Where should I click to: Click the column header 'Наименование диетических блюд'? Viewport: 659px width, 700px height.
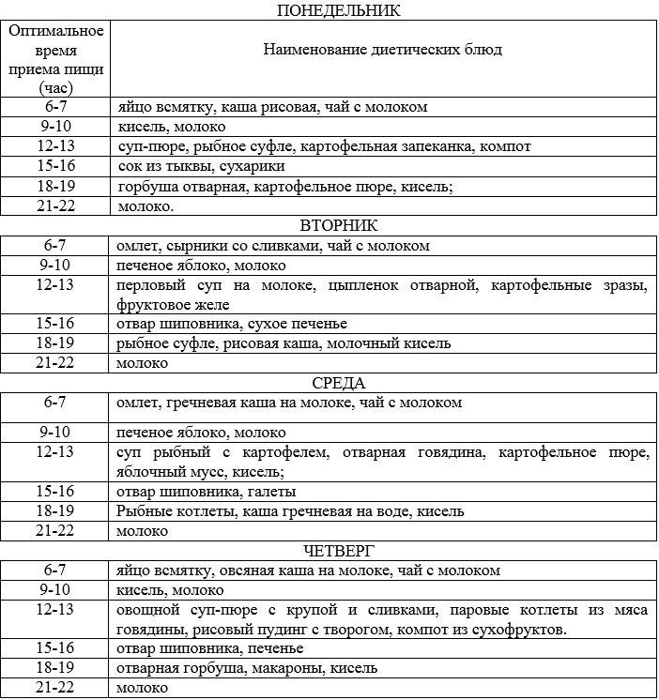point(383,49)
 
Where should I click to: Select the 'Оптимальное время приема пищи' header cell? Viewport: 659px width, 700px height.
point(55,58)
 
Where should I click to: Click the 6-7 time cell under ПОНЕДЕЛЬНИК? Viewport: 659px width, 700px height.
point(55,107)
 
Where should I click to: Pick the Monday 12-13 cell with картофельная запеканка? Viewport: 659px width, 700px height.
point(324,146)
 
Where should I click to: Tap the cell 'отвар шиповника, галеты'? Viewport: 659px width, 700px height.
point(207,492)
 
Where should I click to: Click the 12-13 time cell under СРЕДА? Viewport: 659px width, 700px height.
point(55,452)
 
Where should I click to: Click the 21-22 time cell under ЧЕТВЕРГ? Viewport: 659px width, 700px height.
point(55,688)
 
